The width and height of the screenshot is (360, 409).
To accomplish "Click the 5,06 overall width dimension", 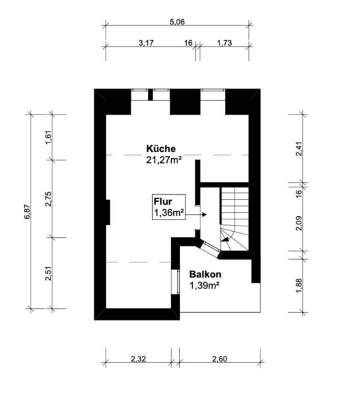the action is tap(177, 22).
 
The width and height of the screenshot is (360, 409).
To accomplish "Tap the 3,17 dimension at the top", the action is tap(146, 43).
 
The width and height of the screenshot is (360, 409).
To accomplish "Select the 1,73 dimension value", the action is tap(224, 43).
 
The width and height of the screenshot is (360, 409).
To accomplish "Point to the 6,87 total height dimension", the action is tap(28, 211).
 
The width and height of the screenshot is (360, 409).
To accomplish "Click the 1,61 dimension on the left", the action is tap(49, 138).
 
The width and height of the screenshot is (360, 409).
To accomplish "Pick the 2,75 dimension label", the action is tap(49, 199).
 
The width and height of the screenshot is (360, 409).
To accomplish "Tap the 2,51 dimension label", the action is tap(49, 273).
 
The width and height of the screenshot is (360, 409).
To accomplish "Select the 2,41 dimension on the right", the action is tap(299, 149).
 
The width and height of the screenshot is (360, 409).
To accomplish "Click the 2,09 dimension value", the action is tap(299, 223).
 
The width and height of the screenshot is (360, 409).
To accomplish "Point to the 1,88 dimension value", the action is tap(299, 286).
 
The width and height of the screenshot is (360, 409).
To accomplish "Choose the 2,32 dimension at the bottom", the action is tap(138, 359).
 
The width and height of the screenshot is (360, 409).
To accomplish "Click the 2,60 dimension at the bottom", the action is tap(220, 359).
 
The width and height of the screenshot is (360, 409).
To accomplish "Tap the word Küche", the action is tap(161, 149).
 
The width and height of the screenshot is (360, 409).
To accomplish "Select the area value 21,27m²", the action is tap(164, 160).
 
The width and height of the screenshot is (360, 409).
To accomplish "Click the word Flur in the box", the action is tap(163, 202).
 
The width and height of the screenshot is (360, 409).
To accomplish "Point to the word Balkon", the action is tap(205, 275).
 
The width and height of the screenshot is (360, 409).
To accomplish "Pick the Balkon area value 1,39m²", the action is tap(204, 286).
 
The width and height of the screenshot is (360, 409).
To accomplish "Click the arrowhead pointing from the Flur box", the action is tap(205, 215).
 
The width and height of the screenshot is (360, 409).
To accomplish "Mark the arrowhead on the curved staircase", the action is tap(226, 239).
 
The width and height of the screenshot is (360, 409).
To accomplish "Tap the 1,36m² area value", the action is tap(169, 213).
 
